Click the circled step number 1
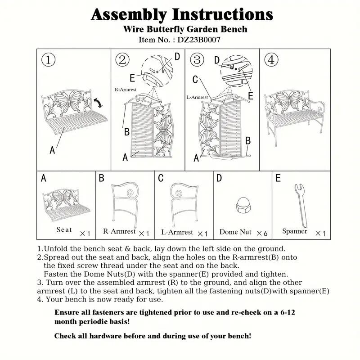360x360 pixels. pos(48,60)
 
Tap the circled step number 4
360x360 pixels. pos(271,60)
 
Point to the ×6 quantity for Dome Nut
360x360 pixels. pos(262,233)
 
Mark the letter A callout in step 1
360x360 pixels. pos(52,150)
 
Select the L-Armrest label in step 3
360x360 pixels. pos(197,97)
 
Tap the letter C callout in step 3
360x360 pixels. pos(195,80)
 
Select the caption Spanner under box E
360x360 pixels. pos(295,231)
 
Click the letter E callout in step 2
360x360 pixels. pos(132,77)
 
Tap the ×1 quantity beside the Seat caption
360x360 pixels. pos(85,233)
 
